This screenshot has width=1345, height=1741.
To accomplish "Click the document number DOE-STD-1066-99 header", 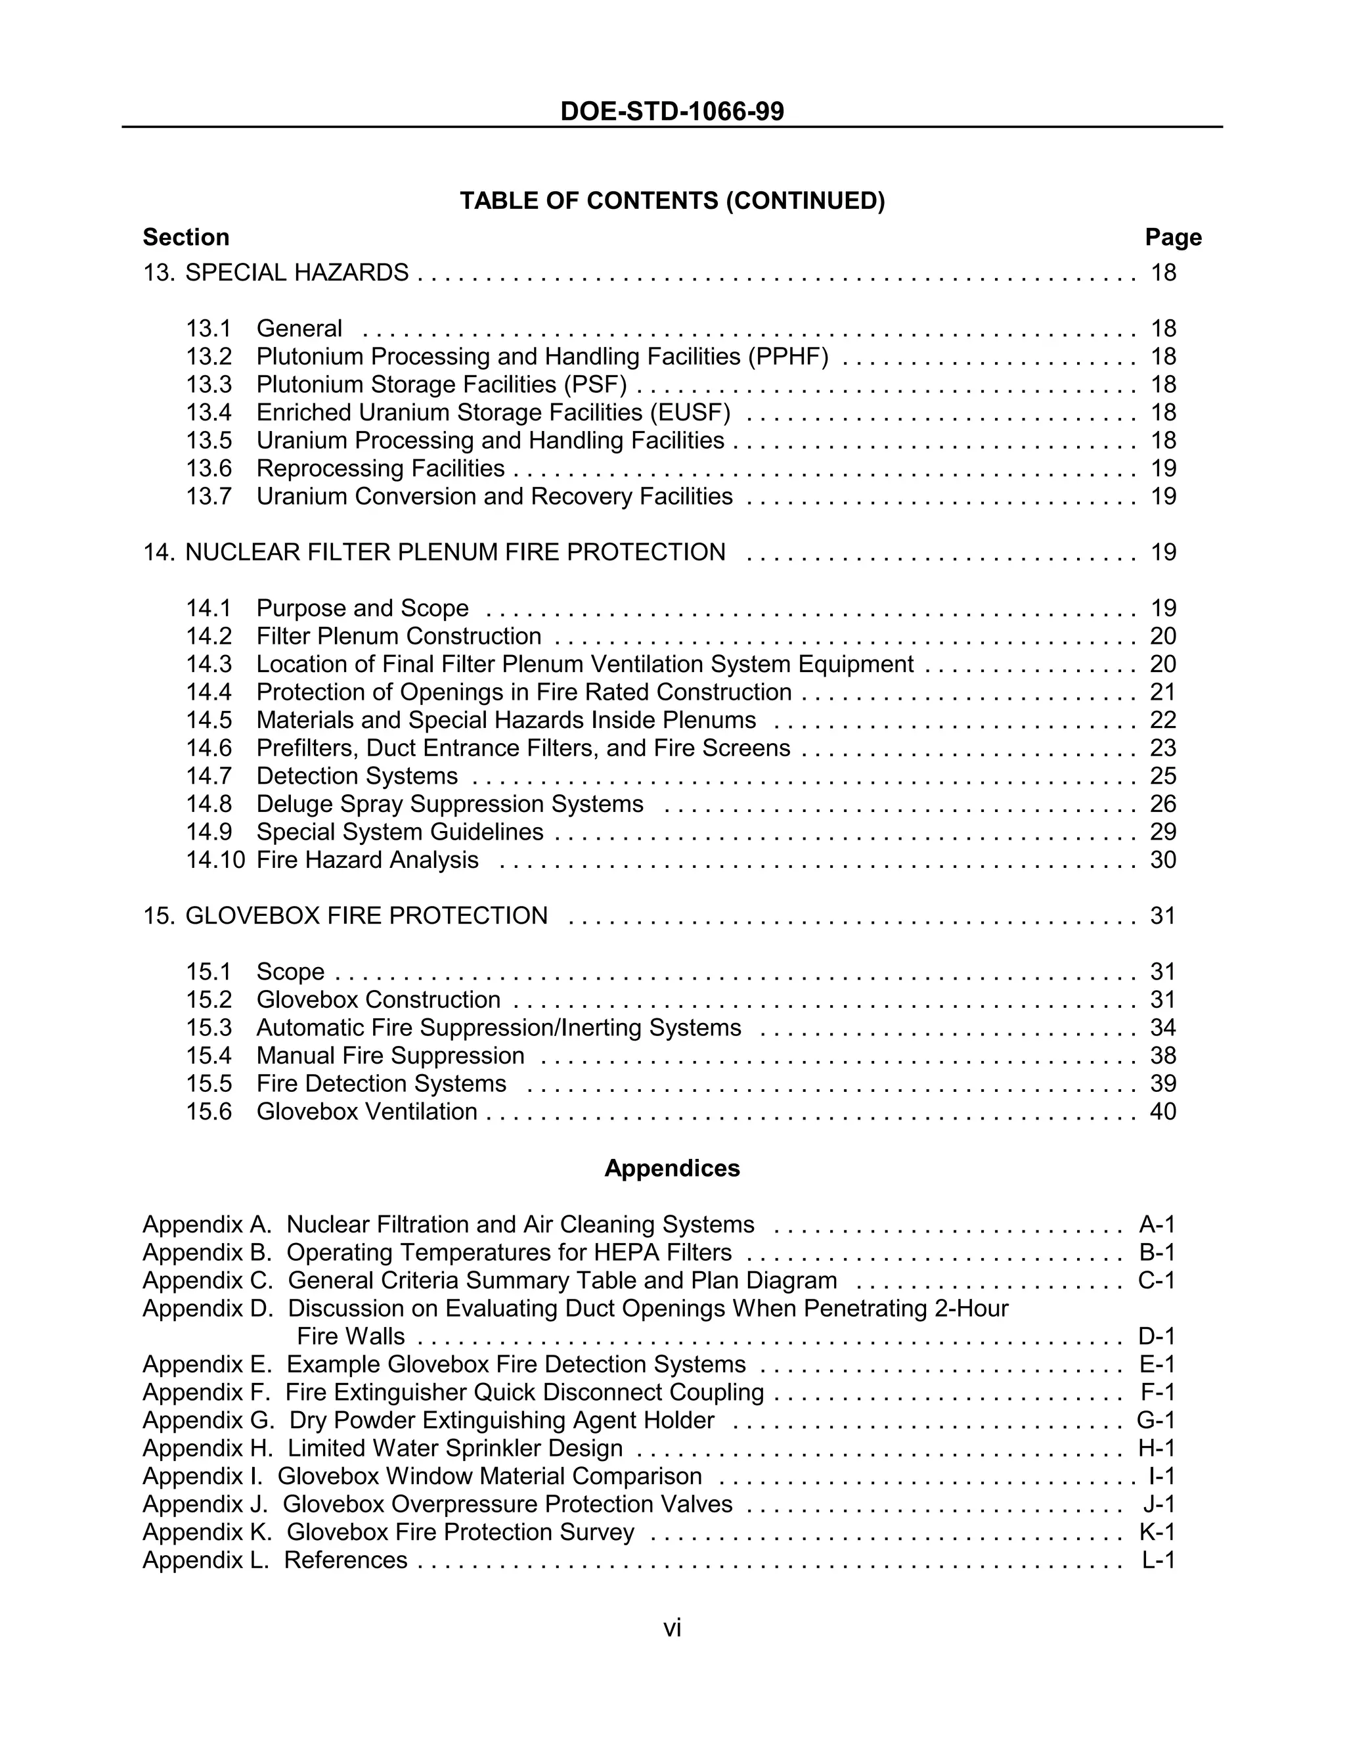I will pos(672,112).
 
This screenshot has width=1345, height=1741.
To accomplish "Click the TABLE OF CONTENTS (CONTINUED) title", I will pos(672,201).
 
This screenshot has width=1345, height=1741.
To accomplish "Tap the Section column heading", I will pos(186,238).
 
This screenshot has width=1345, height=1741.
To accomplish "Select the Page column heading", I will pos(1173,238).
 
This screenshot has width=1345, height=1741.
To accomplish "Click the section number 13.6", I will pos(209,468).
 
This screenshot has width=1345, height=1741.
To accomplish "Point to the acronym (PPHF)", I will pos(788,357).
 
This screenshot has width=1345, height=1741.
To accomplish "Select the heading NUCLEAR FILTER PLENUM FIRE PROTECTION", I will pos(455,553).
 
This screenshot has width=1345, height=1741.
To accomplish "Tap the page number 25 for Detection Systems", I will pos(1162,777).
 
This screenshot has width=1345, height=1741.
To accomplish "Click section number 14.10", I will pos(215,860).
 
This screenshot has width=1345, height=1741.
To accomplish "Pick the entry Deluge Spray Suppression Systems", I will pos(449,804).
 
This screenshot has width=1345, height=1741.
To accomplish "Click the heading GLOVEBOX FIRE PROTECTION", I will pos(366,916).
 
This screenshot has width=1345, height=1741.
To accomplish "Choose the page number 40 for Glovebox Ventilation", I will pos(1162,1112).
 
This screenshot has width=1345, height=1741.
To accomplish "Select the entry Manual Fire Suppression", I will pos(391,1056).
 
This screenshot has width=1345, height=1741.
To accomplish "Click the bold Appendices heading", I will pos(672,1169).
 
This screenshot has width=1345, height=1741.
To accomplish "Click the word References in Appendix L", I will pos(346,1560).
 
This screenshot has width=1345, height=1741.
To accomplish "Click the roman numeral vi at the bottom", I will pos(672,1629).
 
